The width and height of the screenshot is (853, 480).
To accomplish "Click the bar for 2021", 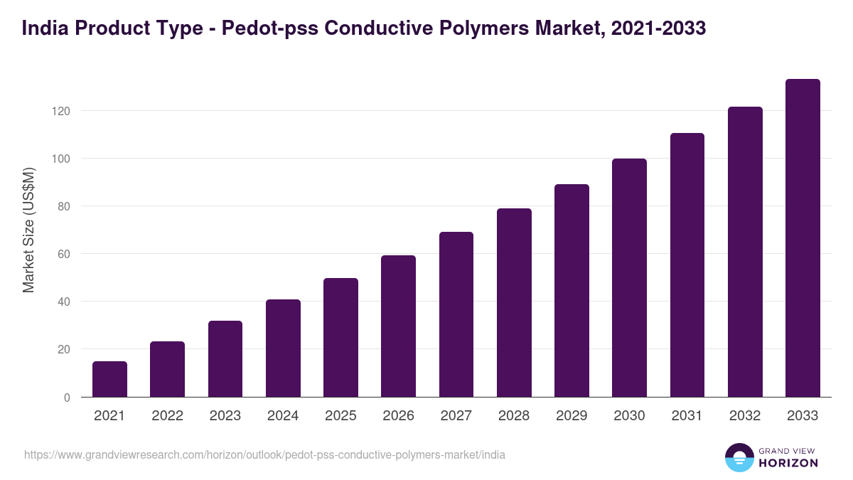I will tap(109, 379).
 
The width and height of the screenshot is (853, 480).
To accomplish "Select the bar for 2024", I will tap(283, 348).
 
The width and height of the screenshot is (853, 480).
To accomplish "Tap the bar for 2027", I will tap(456, 314).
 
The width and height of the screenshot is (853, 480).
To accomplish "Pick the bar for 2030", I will tap(629, 278).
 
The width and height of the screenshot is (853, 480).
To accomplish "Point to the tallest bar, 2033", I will tap(803, 238).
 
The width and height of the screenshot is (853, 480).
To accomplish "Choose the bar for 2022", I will tap(167, 369).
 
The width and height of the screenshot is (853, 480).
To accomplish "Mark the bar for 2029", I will tap(572, 291).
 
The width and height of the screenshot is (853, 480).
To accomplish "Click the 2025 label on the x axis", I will tap(340, 416).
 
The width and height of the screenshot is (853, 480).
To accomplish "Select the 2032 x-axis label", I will tap(745, 416).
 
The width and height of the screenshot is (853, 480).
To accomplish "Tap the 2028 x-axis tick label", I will tap(514, 416).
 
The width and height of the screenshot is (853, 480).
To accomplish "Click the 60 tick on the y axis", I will tap(64, 254).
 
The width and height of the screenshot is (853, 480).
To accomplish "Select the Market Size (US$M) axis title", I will tap(28, 230).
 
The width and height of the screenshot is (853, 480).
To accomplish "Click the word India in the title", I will tap(44, 28).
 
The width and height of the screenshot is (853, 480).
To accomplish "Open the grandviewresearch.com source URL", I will tap(264, 454).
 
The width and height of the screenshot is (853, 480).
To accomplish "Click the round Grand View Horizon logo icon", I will tap(739, 457).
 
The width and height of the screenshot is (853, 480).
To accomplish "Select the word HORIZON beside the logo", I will tap(788, 463).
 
